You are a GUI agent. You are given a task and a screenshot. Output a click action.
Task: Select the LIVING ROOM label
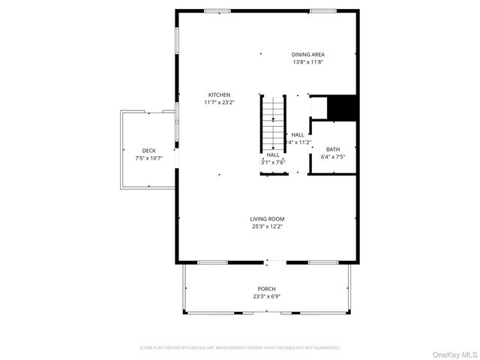point(267,218)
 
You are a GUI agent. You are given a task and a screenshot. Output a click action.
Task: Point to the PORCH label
point(266,289)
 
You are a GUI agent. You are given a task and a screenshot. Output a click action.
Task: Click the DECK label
point(148,151)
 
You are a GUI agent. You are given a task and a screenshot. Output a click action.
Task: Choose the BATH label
point(332,149)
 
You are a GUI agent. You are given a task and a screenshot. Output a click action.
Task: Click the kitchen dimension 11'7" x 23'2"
point(219,102)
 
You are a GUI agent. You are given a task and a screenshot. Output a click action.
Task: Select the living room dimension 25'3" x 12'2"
point(267,226)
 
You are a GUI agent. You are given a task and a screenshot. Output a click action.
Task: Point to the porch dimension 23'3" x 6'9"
point(266,296)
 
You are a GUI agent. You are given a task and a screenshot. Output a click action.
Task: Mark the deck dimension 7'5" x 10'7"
point(148,158)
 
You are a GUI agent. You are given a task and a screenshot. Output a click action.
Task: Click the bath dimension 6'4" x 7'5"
point(332,157)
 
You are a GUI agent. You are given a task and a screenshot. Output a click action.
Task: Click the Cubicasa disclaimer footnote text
point(240,347)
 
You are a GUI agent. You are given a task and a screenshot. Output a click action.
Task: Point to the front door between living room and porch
point(274,262)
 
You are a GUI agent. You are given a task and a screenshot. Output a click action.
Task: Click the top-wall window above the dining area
point(322,10)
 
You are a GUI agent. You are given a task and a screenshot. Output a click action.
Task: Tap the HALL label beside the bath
point(298,134)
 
